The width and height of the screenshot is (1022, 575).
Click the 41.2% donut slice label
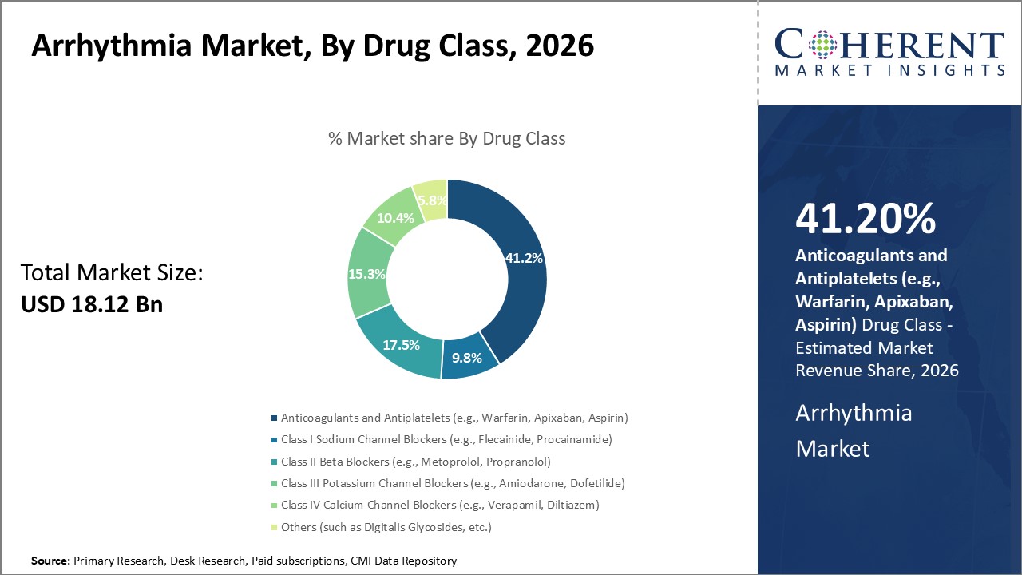click(x=524, y=259)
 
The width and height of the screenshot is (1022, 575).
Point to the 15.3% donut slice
click(x=366, y=274)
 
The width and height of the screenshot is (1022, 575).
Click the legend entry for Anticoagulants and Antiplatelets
click(x=454, y=418)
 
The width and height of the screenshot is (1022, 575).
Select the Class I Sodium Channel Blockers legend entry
click(x=446, y=439)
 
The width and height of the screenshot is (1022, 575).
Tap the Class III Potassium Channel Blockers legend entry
click(x=452, y=483)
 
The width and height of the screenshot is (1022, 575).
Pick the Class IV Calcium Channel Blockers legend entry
click(x=439, y=505)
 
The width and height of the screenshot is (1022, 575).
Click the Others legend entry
click(x=386, y=527)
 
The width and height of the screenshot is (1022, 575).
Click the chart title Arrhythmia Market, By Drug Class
click(x=312, y=46)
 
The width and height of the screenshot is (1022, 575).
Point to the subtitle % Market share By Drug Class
click(x=447, y=138)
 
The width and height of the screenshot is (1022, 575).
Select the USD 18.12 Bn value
click(x=91, y=304)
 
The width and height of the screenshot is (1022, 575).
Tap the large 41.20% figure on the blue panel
click(x=866, y=218)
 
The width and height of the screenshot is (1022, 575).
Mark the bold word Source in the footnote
click(x=50, y=561)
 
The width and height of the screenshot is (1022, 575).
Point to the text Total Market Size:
click(x=113, y=273)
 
